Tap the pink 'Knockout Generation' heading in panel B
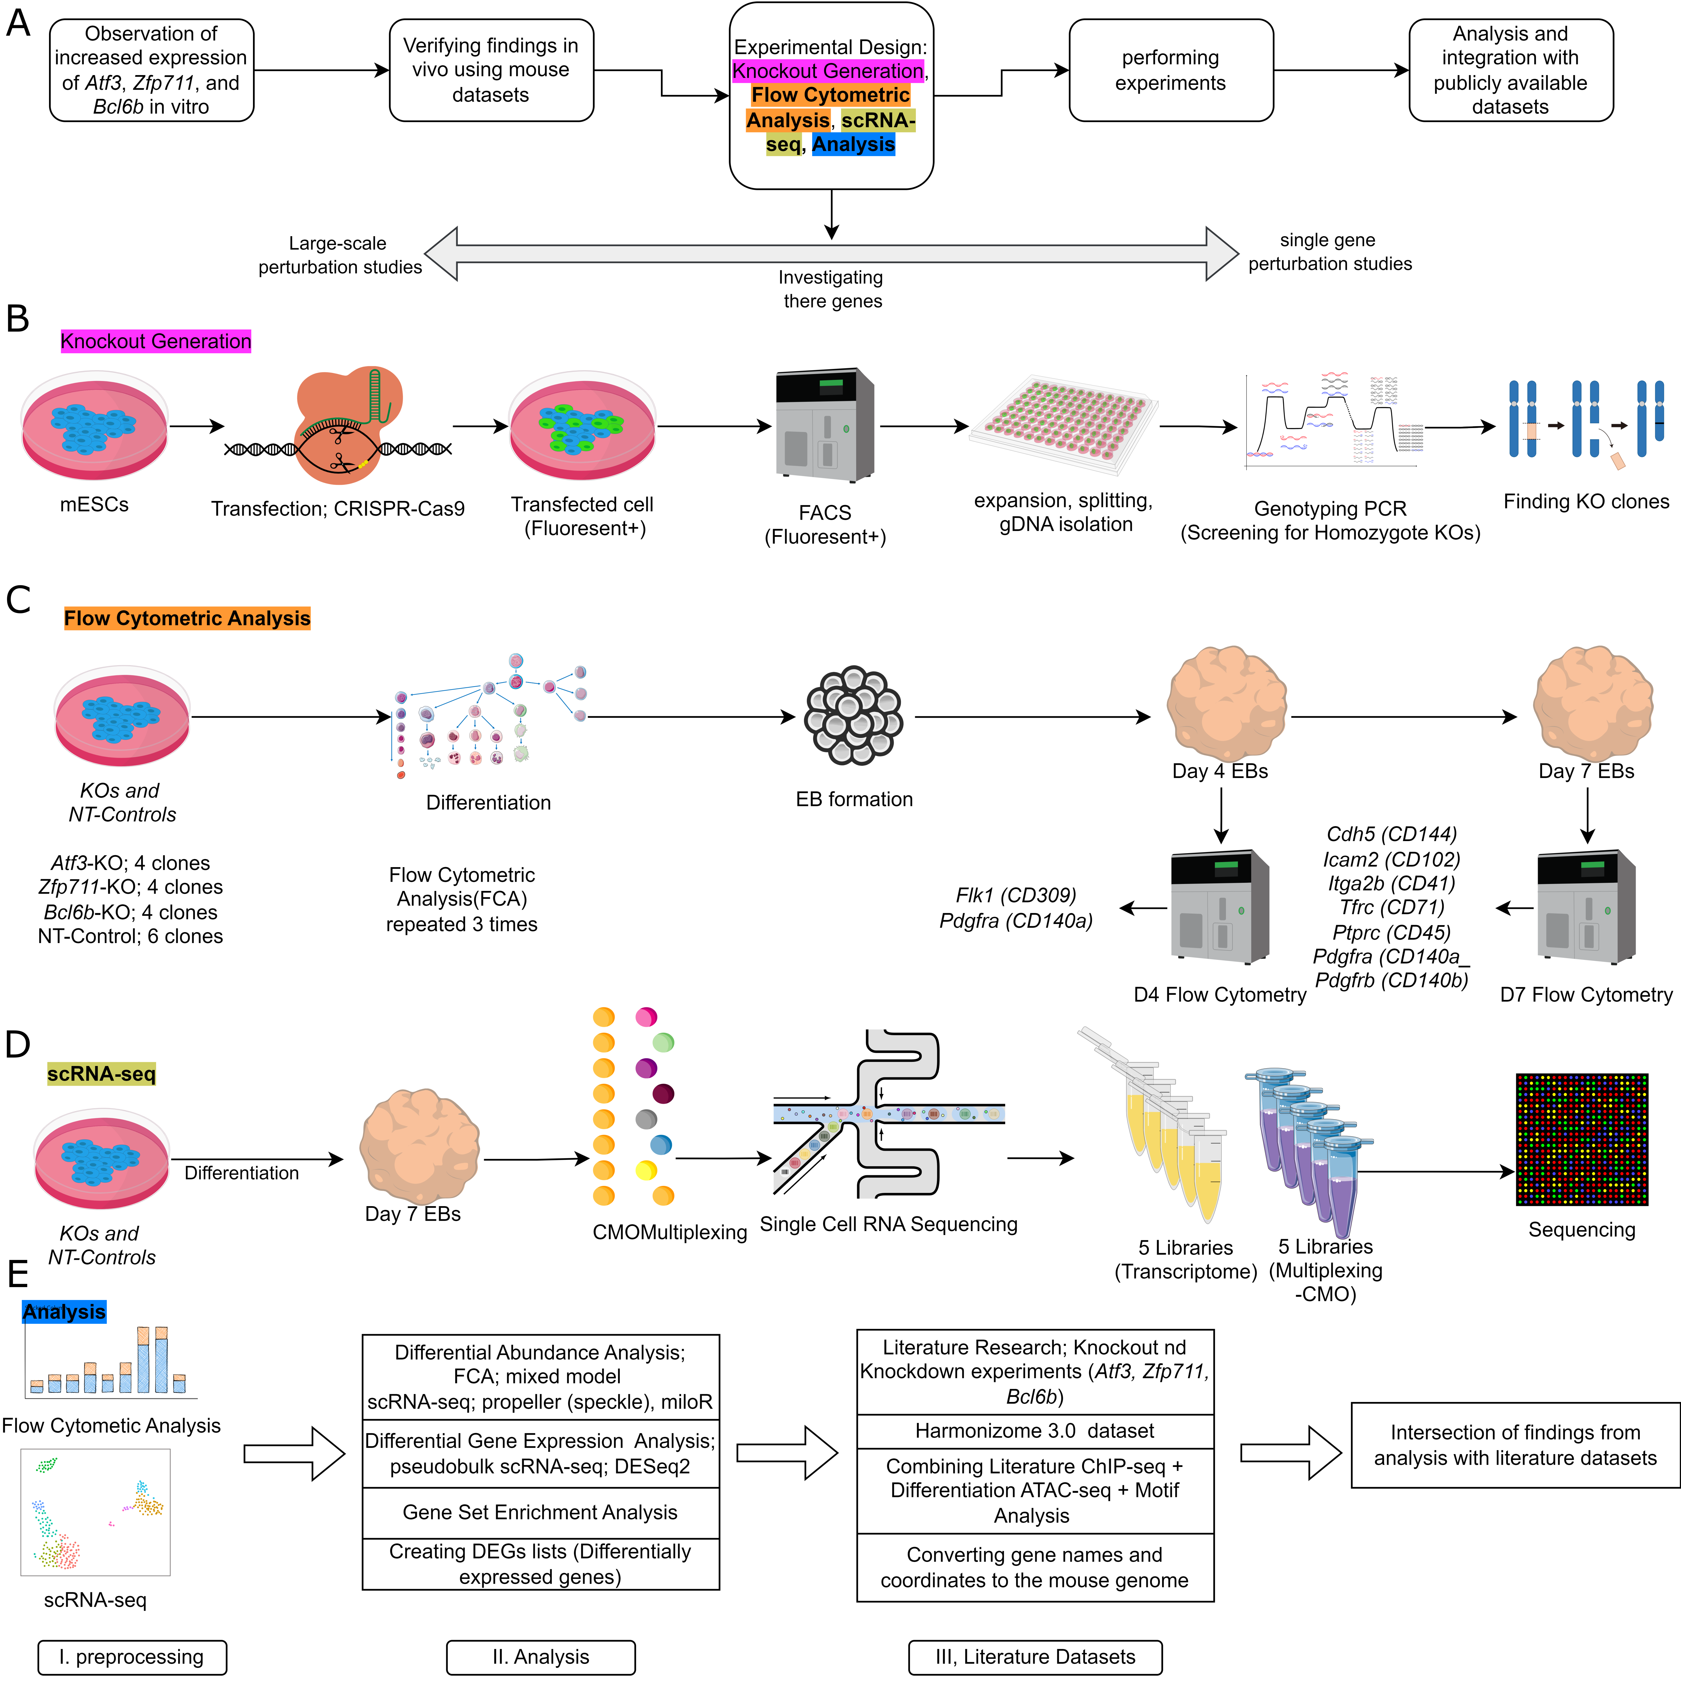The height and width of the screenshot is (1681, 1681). [x=156, y=341]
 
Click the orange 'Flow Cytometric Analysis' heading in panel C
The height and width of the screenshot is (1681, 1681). [x=187, y=619]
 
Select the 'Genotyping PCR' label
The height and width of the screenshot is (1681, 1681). [x=1329, y=509]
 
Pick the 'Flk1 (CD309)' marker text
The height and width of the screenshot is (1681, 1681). [x=1015, y=895]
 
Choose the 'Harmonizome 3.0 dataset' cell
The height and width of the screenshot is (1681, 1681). [x=1035, y=1431]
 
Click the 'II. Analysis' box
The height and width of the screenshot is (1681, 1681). [x=540, y=1657]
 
